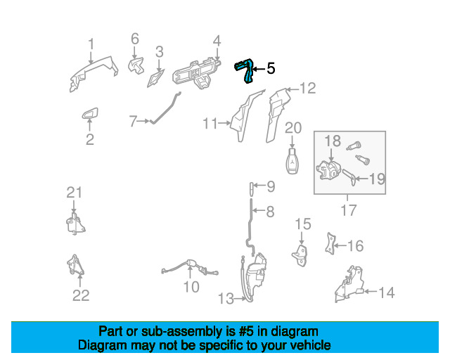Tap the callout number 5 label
(x=271, y=69)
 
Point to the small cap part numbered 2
(x=90, y=114)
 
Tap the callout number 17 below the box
(x=348, y=210)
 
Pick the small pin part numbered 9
(x=251, y=187)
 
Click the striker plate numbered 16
(x=330, y=244)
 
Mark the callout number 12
(x=307, y=89)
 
